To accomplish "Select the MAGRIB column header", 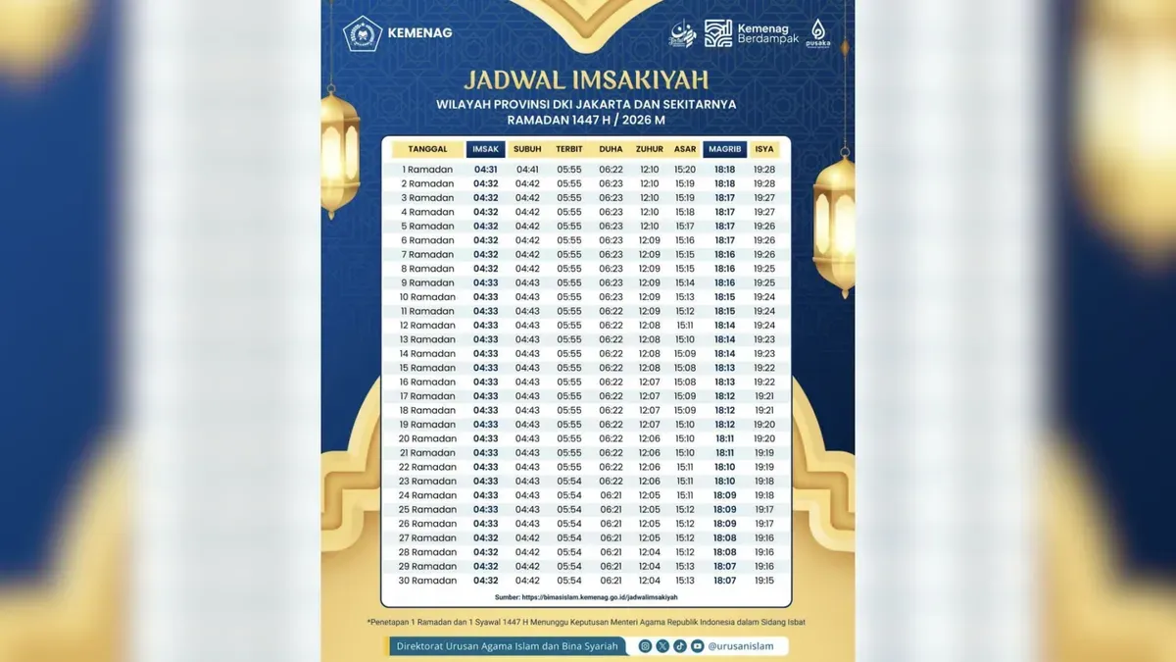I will [725, 149].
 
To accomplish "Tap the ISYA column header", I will [764, 149].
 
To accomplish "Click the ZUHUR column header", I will [649, 149].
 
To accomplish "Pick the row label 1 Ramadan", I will [427, 170].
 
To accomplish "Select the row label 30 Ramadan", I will [427, 581].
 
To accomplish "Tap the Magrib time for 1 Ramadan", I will [725, 170].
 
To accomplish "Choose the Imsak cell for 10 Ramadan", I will [486, 297].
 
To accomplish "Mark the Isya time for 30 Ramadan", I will [764, 581].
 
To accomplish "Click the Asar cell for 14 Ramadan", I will [685, 353].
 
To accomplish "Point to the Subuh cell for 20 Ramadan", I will [527, 438].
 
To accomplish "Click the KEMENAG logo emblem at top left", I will [362, 34].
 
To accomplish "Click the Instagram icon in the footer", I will [645, 646].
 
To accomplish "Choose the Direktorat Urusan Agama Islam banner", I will [507, 646].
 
